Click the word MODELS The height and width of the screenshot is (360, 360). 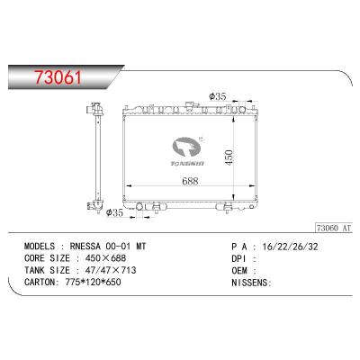[x=47, y=245]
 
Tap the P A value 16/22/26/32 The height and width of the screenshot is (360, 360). [x=275, y=245]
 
